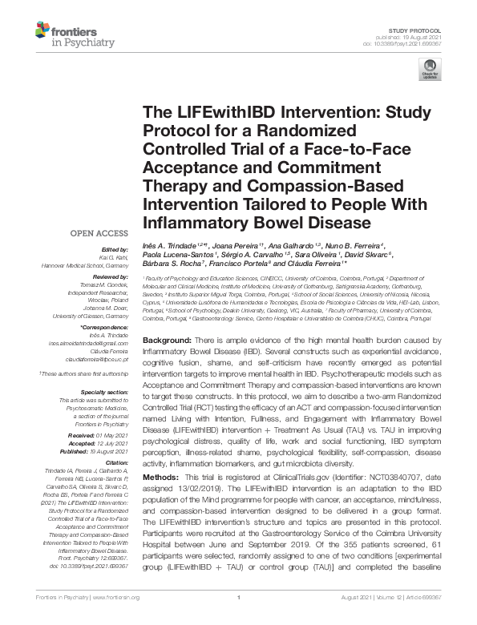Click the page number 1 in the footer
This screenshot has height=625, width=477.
tap(239, 619)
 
